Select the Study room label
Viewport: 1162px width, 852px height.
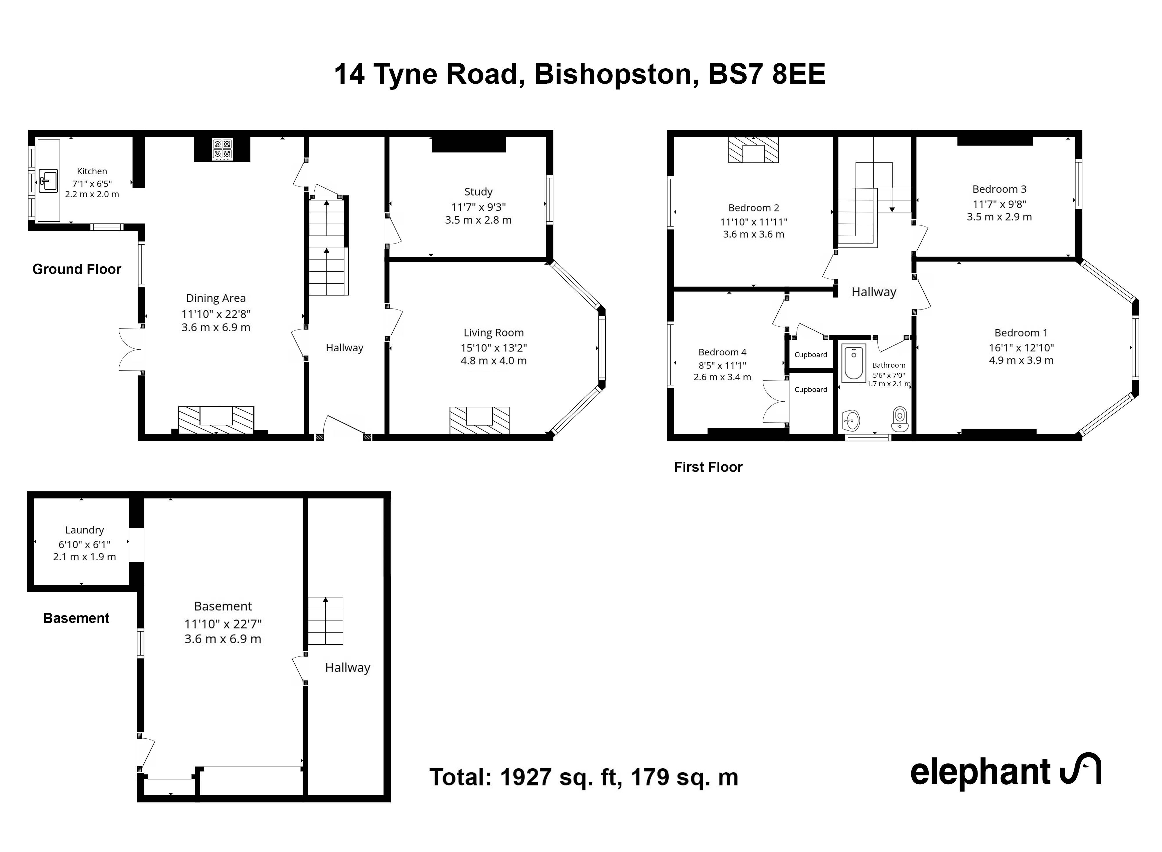(x=478, y=192)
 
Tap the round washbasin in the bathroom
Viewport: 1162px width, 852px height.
(x=851, y=420)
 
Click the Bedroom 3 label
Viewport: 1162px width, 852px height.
(x=999, y=189)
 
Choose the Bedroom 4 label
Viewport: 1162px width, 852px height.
(x=722, y=352)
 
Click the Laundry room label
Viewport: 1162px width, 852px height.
(x=85, y=530)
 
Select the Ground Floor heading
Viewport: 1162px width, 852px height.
(x=77, y=269)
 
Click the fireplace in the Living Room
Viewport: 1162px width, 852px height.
(x=479, y=420)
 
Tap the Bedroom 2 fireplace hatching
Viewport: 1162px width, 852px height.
(x=753, y=150)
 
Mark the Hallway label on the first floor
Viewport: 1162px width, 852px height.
(x=874, y=292)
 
